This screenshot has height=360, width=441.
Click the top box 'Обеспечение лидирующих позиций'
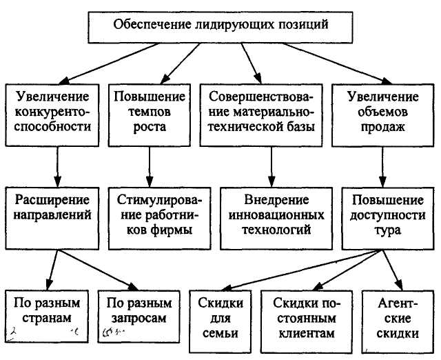point(220,26)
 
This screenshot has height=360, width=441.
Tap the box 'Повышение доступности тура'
point(386,215)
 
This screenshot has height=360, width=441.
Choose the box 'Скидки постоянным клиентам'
point(303,318)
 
